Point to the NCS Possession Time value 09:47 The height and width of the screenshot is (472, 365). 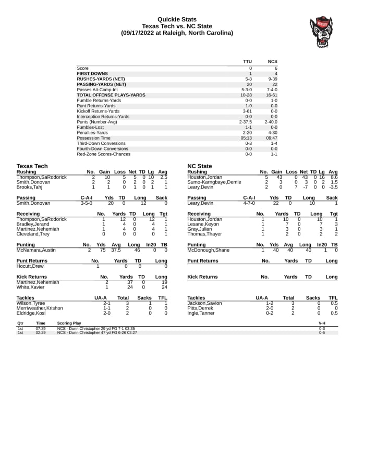pyautogui.click(x=271, y=138)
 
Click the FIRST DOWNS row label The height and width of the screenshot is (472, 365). pyautogui.click(x=92, y=73)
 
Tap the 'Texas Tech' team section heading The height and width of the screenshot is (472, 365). pyautogui.click(x=32, y=166)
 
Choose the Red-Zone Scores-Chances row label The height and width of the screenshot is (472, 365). pyautogui.click(x=104, y=154)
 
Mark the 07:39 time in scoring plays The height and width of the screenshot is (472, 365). pyautogui.click(x=41, y=329)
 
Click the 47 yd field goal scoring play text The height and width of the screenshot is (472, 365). pyautogui.click(x=97, y=333)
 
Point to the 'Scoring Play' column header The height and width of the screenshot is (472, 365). pyautogui.click(x=69, y=323)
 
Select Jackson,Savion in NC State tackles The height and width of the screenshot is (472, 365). pyautogui.click(x=204, y=303)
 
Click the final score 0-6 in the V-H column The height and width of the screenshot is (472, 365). pyautogui.click(x=322, y=333)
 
